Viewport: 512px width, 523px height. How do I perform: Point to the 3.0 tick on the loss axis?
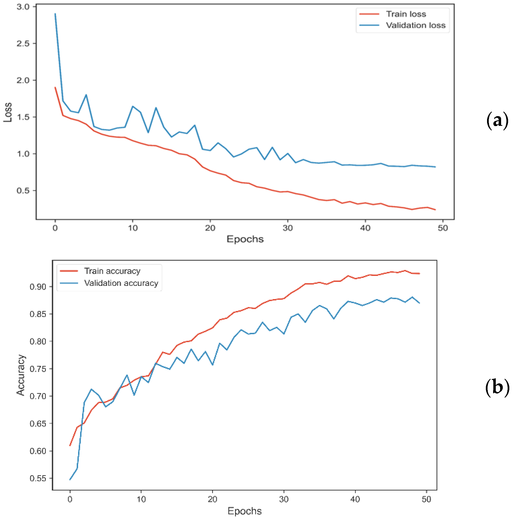[x=23, y=7]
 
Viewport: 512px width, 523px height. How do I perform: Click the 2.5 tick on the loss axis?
[x=23, y=43]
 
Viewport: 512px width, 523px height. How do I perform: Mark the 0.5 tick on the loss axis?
[x=23, y=191]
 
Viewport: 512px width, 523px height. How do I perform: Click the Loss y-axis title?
[x=8, y=112]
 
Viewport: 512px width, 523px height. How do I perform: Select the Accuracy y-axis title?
[x=21, y=375]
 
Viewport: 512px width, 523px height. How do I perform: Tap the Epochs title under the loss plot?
[x=245, y=239]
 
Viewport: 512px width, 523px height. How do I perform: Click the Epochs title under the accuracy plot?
[x=244, y=511]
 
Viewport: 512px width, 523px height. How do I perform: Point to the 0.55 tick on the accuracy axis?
[x=38, y=478]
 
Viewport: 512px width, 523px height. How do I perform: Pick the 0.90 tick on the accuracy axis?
[x=38, y=287]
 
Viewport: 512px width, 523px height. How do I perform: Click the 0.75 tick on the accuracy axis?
[x=38, y=369]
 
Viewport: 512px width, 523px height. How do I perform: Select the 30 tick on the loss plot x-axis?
[x=287, y=228]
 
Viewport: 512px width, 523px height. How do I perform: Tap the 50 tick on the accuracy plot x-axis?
[x=426, y=499]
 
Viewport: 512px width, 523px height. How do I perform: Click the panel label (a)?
[x=497, y=121]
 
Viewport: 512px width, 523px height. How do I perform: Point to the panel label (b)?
[x=497, y=387]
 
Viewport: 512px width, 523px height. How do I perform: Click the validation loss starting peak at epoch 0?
[x=55, y=13]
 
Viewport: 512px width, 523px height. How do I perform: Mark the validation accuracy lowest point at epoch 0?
[x=70, y=479]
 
